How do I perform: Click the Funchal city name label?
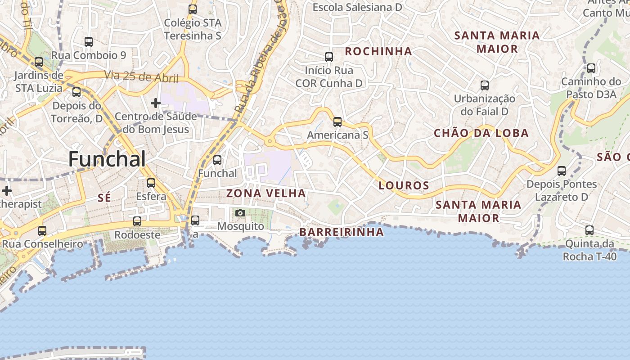pos(107,159)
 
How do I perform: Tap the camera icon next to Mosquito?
pos(240,213)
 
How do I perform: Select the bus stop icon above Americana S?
pos(337,121)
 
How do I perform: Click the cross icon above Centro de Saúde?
pos(156,103)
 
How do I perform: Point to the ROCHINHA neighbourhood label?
pos(378,51)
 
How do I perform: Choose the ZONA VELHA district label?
pos(266,193)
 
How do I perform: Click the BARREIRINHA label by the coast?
pos(342,232)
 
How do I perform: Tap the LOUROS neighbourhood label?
pos(404,185)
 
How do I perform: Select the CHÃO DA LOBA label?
pos(481,133)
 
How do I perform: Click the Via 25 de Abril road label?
pos(142,76)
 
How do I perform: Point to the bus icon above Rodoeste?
pos(137,221)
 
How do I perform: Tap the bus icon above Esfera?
pos(151,183)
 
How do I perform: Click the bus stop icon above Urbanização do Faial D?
pos(485,85)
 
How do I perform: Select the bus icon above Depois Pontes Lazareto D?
pos(562,171)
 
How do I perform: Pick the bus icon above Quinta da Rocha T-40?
pos(589,230)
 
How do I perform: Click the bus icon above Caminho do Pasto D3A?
pos(591,68)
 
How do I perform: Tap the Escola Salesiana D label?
pos(357,7)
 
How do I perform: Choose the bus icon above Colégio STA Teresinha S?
pos(193,9)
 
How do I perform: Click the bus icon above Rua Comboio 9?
pos(89,42)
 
